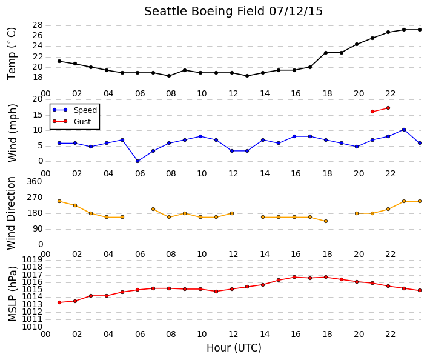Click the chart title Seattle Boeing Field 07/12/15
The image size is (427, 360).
pyautogui.click(x=233, y=12)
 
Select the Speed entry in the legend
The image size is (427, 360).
pyautogui.click(x=85, y=110)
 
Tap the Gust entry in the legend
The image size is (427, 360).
pyautogui.click(x=82, y=122)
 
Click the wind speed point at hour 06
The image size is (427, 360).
pyautogui.click(x=137, y=161)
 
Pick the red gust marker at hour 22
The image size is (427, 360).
pyautogui.click(x=388, y=108)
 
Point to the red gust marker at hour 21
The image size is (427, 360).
pyautogui.click(x=372, y=112)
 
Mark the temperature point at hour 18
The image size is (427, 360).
pyautogui.click(x=326, y=53)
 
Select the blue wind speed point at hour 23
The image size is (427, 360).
pyautogui.click(x=404, y=130)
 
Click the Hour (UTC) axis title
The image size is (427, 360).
pyautogui.click(x=234, y=348)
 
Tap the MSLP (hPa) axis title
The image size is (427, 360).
pyautogui.click(x=12, y=294)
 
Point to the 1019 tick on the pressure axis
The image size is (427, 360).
pyautogui.click(x=32, y=259)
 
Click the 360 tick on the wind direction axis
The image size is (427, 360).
pyautogui.click(x=35, y=181)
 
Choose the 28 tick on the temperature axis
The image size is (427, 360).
pyautogui.click(x=38, y=25)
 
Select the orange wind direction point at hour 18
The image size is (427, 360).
pyautogui.click(x=326, y=221)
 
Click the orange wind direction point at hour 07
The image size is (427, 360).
pyautogui.click(x=153, y=209)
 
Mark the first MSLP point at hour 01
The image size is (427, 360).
pyautogui.click(x=59, y=302)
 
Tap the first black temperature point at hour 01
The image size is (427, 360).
pyautogui.click(x=59, y=61)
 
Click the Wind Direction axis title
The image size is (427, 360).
pyautogui.click(x=11, y=213)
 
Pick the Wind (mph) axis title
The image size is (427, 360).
pyautogui.click(x=12, y=133)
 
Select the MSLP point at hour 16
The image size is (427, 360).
pyautogui.click(x=294, y=277)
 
